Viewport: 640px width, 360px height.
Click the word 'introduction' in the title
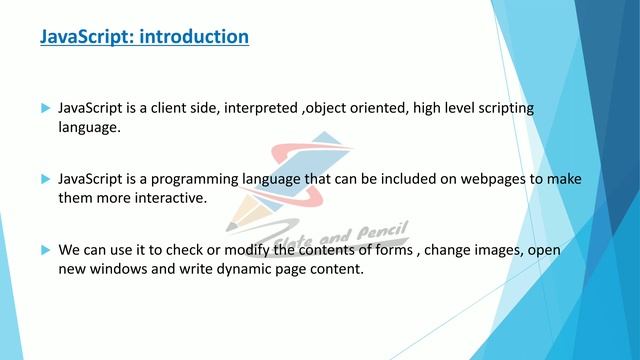click(x=194, y=38)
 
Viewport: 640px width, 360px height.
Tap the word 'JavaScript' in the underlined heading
click(x=86, y=38)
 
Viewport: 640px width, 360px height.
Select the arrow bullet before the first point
click(x=44, y=107)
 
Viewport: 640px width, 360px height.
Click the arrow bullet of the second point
click(x=44, y=179)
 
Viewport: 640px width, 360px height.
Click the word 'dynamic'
click(x=233, y=269)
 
